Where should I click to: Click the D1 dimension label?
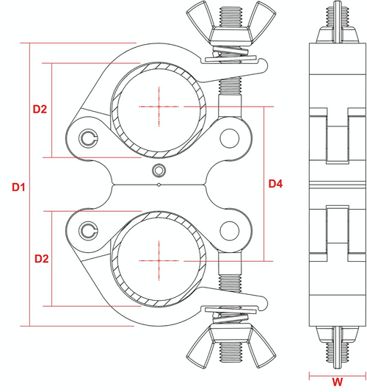[x=19, y=188]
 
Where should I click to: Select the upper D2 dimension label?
[x=40, y=110]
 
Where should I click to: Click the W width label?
[x=337, y=382]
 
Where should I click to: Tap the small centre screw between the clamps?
[x=157, y=171]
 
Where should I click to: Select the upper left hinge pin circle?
[x=89, y=137]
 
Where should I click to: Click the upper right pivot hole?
[x=230, y=137]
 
